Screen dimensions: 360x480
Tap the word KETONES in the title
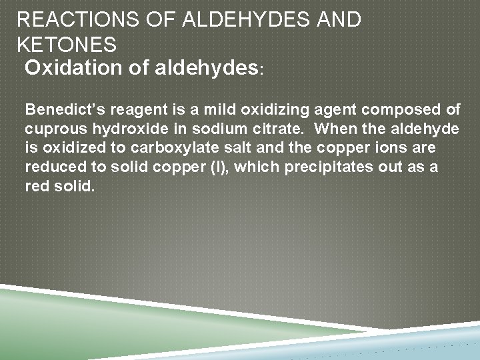tap(67, 45)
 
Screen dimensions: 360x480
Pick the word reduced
tap(51, 167)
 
